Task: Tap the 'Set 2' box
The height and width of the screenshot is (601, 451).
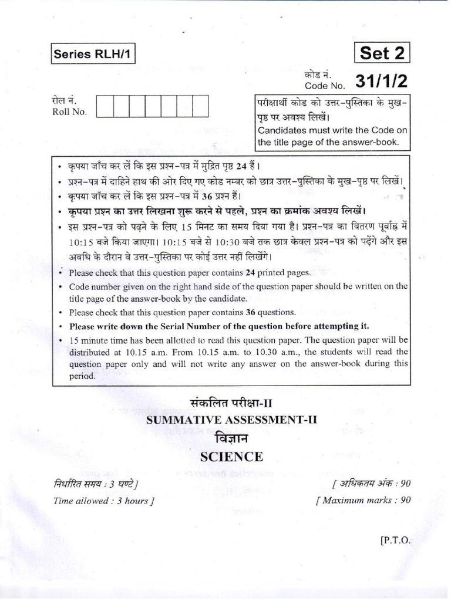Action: (x=382, y=53)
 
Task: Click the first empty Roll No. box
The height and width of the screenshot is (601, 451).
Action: (x=104, y=106)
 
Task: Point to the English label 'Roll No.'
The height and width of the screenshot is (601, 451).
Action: (x=69, y=112)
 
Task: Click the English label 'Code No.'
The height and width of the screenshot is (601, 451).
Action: (x=319, y=86)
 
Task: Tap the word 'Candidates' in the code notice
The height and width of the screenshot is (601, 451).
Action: (x=282, y=130)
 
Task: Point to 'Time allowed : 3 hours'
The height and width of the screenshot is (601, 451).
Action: (x=103, y=501)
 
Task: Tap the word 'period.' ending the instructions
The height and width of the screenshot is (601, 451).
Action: (x=82, y=377)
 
